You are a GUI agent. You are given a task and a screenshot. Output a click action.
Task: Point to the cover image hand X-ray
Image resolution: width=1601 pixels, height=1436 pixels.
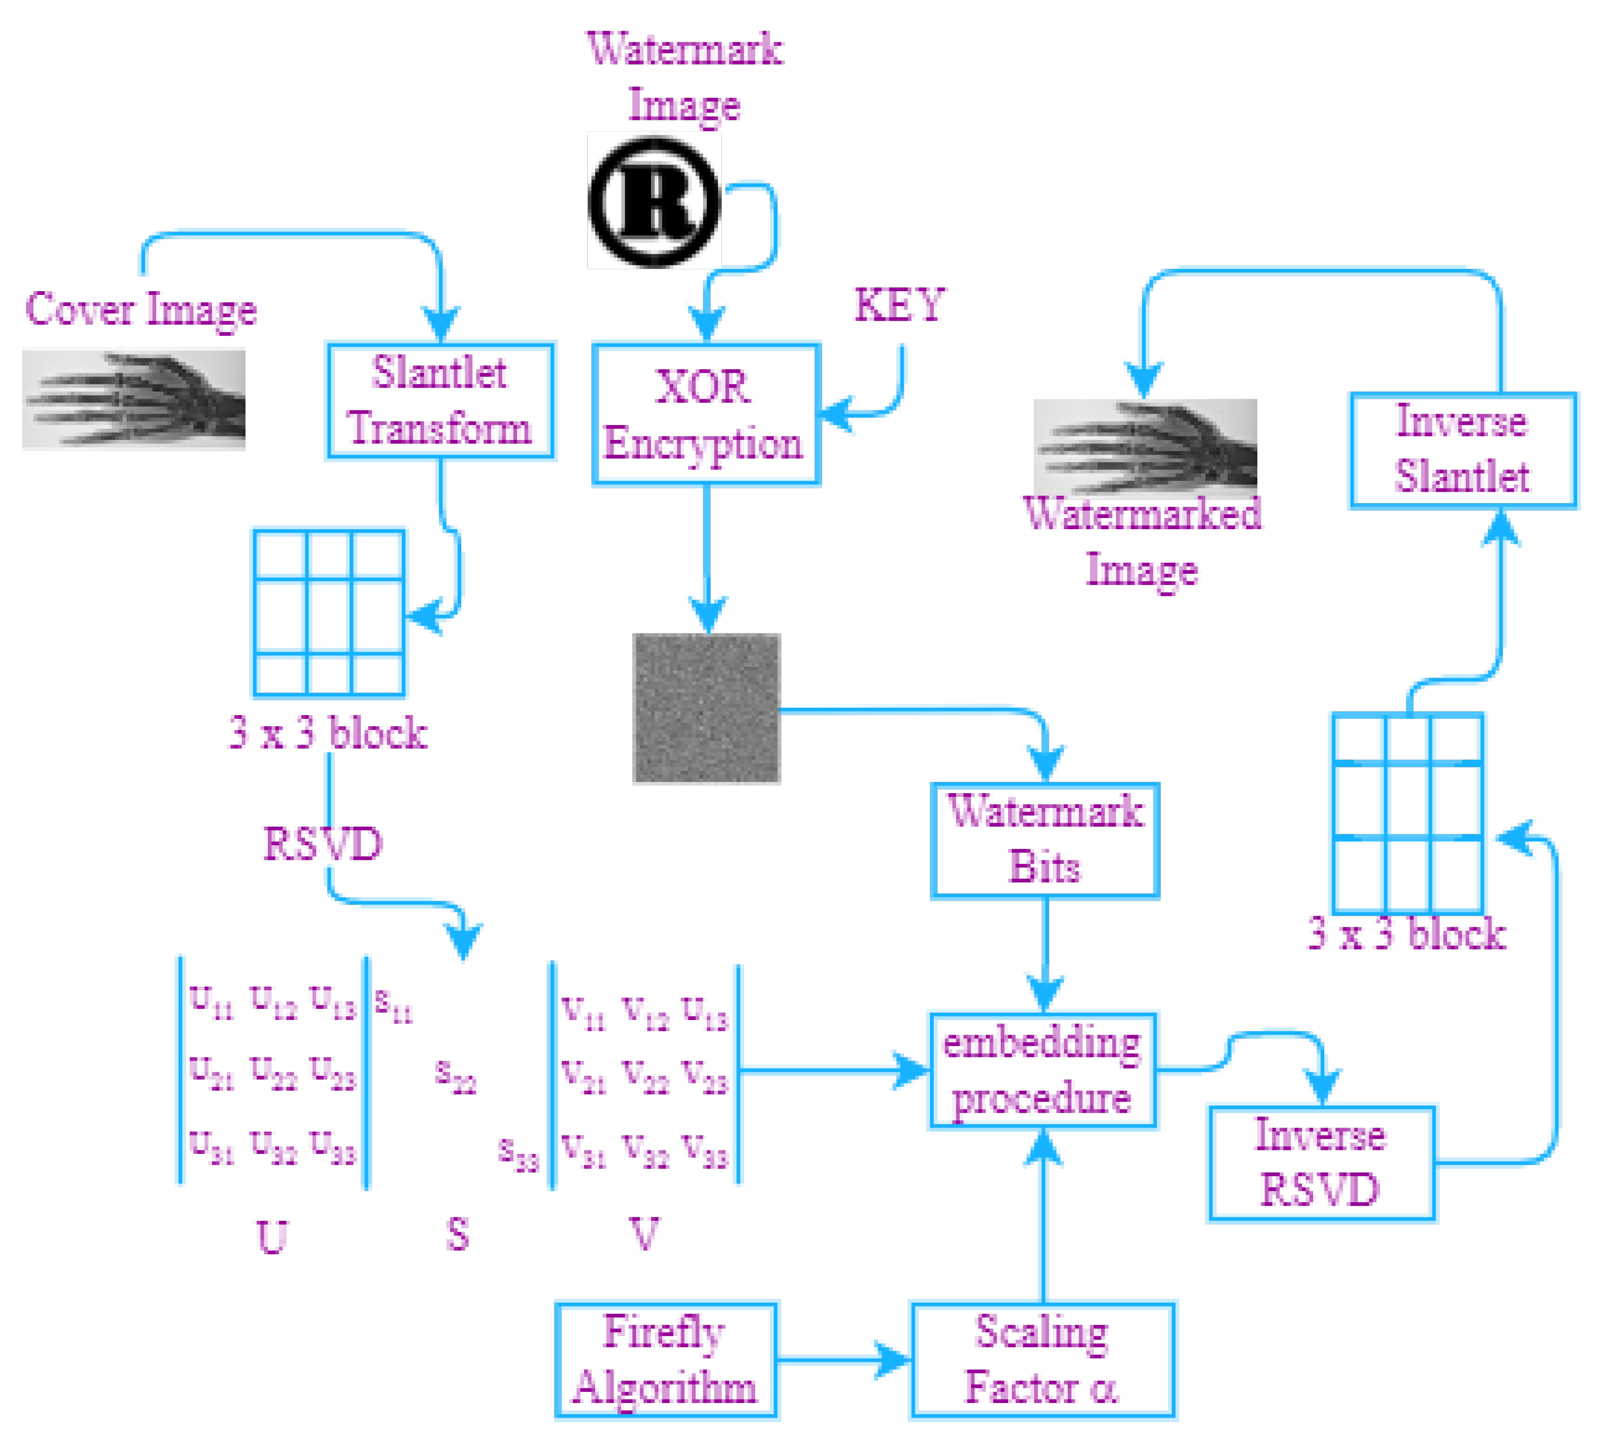[x=133, y=398]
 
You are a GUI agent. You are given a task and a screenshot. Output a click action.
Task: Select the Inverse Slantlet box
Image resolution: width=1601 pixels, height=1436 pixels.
[x=1462, y=449]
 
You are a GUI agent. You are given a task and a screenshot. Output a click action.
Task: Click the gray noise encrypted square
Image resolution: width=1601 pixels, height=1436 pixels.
[x=706, y=708]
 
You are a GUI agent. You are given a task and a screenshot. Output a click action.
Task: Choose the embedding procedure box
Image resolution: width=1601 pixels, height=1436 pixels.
[x=1043, y=1070]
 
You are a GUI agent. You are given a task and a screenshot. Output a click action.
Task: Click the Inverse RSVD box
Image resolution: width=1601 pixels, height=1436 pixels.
[x=1320, y=1163]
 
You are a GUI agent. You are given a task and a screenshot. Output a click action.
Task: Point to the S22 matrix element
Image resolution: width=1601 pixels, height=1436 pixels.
[x=455, y=1075]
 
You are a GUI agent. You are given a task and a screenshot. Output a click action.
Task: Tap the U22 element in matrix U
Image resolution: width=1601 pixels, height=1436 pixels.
[x=273, y=1071]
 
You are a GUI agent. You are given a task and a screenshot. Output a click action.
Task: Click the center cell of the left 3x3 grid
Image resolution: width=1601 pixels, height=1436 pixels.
[x=329, y=616]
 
